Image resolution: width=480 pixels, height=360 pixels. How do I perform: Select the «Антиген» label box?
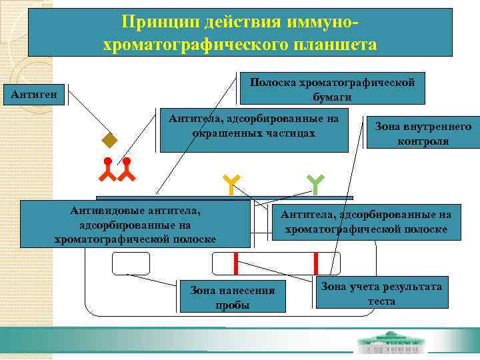pos(34,95)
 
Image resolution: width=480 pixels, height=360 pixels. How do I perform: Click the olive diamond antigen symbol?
pos(109,141)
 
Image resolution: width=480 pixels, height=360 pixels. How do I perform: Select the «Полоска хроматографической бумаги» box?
pos(332,89)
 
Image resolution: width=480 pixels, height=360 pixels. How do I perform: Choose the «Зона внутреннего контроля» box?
pos(423,133)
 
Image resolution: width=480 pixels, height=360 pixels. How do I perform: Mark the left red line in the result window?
pos(236,263)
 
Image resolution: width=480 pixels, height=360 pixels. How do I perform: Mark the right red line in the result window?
pos(315,263)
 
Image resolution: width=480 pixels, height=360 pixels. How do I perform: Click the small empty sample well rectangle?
pos(126,263)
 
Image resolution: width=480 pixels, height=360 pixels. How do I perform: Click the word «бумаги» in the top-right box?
pos(332,97)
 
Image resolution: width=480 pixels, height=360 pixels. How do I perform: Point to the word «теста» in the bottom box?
pos(381,301)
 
